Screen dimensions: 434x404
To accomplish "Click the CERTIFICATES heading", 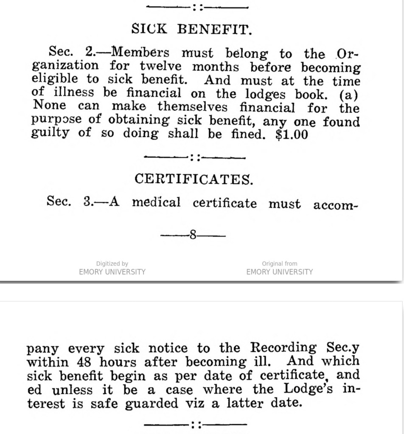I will [194, 179].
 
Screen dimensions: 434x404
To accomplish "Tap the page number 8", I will [193, 235].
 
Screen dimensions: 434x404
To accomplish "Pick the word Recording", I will [283, 348].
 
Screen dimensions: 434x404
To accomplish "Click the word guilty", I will [50, 134].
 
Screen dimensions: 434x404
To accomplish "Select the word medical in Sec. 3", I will [156, 202].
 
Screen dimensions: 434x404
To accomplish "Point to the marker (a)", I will [349, 94].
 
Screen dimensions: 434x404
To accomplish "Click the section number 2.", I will [90, 52].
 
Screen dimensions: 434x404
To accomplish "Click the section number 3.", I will [88, 202].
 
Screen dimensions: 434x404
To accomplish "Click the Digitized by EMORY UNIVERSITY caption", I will [112, 268].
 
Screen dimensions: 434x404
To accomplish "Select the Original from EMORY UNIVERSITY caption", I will [279, 268].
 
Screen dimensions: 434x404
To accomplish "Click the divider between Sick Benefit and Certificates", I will [195, 157].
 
